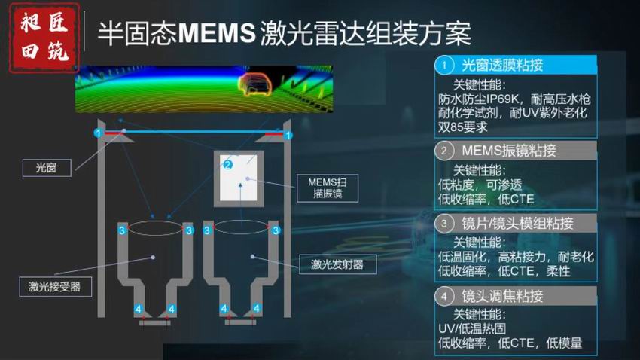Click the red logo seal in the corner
(x=44, y=37)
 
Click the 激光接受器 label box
(x=55, y=286)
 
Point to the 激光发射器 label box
(x=337, y=264)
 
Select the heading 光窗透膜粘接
(x=501, y=66)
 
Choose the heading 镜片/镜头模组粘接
(x=517, y=224)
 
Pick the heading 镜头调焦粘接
(x=501, y=295)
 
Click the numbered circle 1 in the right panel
(x=446, y=66)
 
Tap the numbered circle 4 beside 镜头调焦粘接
(x=446, y=295)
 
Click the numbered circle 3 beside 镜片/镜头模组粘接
(x=446, y=224)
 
